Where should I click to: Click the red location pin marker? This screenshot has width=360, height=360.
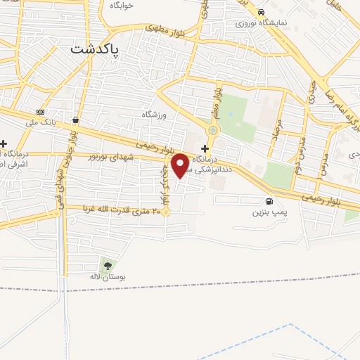181,165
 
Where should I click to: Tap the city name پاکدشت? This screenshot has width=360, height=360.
95,50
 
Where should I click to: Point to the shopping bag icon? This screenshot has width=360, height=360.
75,120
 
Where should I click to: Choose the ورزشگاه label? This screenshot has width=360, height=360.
155,114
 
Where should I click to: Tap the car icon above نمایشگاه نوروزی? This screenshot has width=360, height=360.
261,12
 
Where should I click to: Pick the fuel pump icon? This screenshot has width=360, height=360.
271,199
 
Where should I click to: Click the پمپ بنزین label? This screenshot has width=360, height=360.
270,210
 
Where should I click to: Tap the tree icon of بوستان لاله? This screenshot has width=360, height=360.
107,265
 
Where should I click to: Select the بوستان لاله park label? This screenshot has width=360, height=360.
104,278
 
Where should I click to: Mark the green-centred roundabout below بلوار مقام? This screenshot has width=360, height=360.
212,131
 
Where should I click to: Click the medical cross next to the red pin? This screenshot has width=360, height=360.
205,148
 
